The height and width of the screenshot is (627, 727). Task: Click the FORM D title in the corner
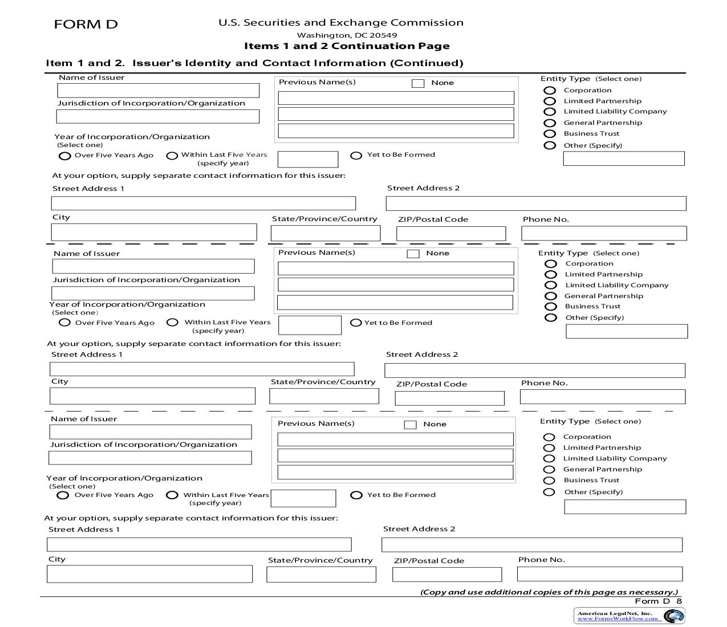coord(86,25)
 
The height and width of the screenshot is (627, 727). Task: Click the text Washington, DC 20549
coord(347,35)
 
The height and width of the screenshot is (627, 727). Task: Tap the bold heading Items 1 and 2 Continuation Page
coord(347,46)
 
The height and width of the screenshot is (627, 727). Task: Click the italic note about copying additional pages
coord(549,592)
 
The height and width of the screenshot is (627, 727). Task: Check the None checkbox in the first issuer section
coord(418,83)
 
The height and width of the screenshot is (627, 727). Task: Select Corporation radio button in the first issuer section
coord(550,90)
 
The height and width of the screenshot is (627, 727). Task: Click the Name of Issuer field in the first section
coord(158,91)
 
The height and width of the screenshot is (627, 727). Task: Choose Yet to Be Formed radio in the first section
coord(356,155)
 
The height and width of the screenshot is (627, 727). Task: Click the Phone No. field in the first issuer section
coord(604,233)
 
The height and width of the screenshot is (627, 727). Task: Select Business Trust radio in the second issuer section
coord(550,307)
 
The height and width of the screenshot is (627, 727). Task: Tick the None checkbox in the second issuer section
coord(413,254)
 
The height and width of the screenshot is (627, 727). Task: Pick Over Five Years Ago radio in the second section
coord(65,323)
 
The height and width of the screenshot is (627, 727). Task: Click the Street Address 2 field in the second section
coord(534,370)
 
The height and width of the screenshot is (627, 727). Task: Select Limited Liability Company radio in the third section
coord(549,458)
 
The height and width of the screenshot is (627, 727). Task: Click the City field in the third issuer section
coord(149,573)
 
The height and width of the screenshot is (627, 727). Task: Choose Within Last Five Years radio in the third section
coord(172,495)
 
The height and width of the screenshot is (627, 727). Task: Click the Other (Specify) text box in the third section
coord(625,507)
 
